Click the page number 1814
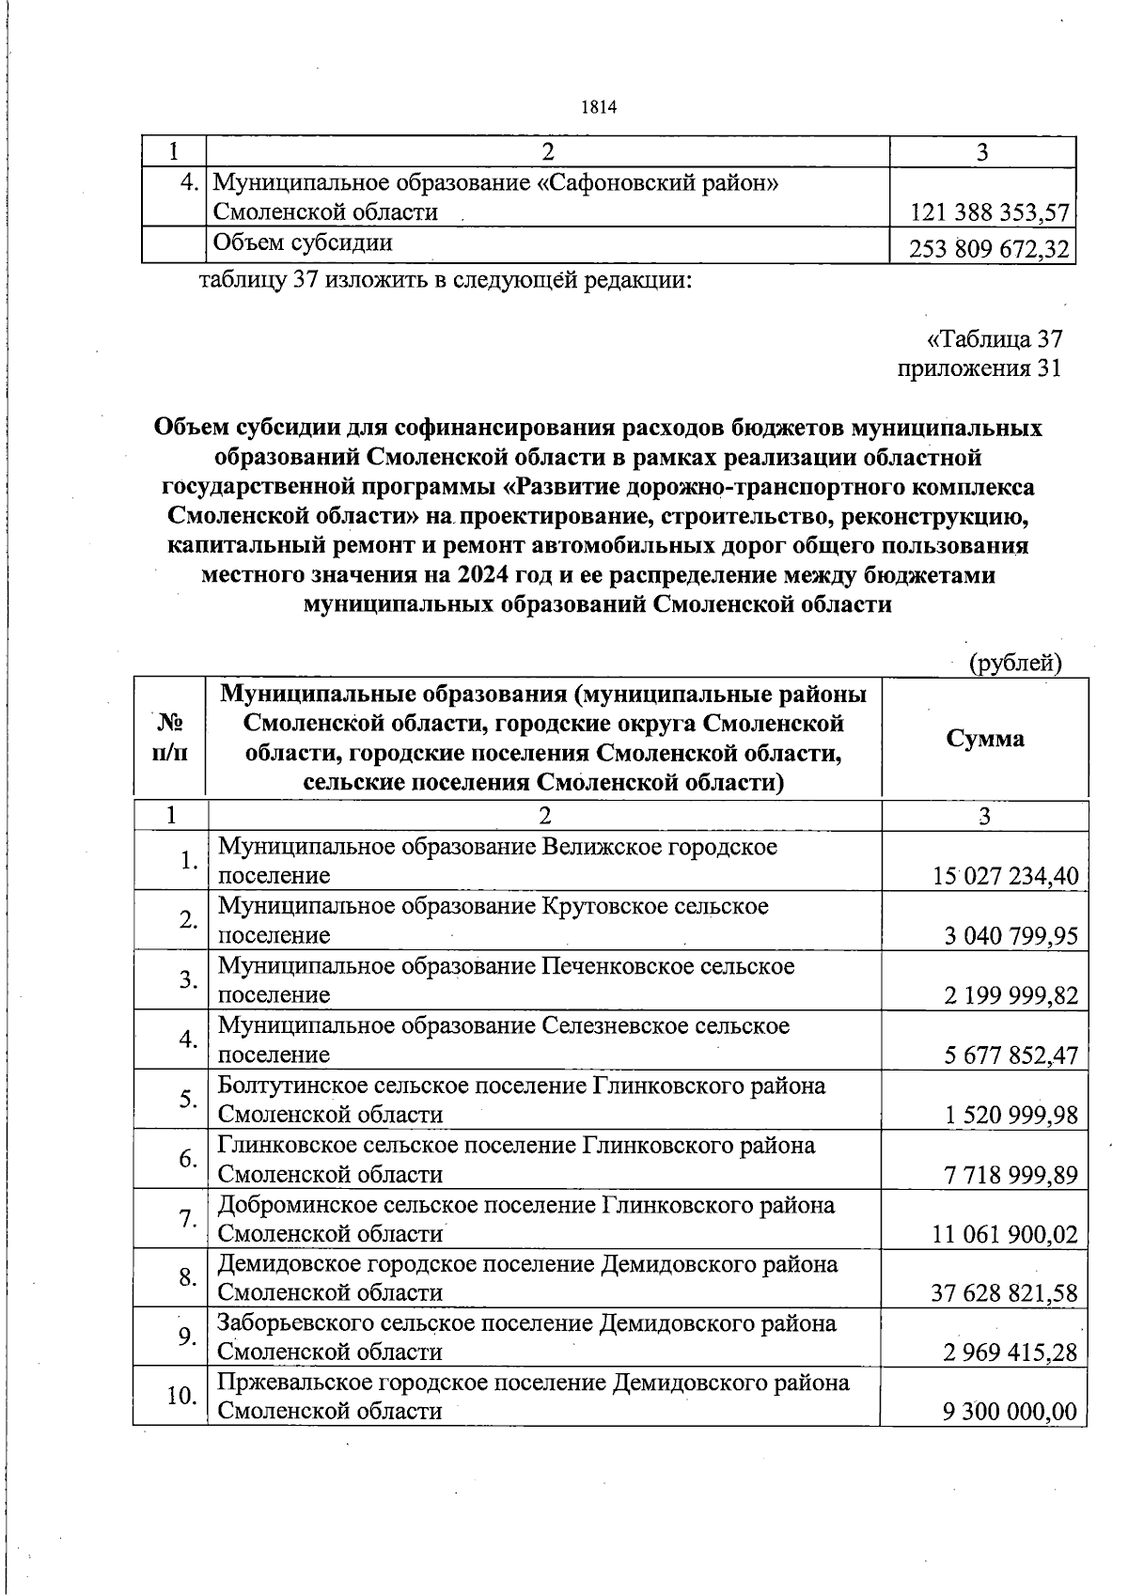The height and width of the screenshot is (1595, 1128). tap(598, 107)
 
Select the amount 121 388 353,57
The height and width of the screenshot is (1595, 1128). tap(991, 213)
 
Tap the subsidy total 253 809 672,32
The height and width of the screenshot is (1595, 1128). tap(991, 250)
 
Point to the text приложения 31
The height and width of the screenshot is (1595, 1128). tap(979, 368)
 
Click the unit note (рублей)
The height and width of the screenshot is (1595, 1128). tap(1015, 664)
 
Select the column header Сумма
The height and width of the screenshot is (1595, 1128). tap(985, 739)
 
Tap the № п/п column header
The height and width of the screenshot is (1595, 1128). tap(169, 738)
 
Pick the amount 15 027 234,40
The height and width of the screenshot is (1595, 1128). tap(1005, 878)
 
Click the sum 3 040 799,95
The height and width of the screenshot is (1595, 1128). tap(1010, 937)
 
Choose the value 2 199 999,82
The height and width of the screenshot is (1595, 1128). tap(1010, 996)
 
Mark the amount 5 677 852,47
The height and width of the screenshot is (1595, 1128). tap(1010, 1056)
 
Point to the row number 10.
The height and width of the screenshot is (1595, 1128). tap(180, 1397)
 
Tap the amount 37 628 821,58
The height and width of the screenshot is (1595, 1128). tap(1005, 1294)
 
